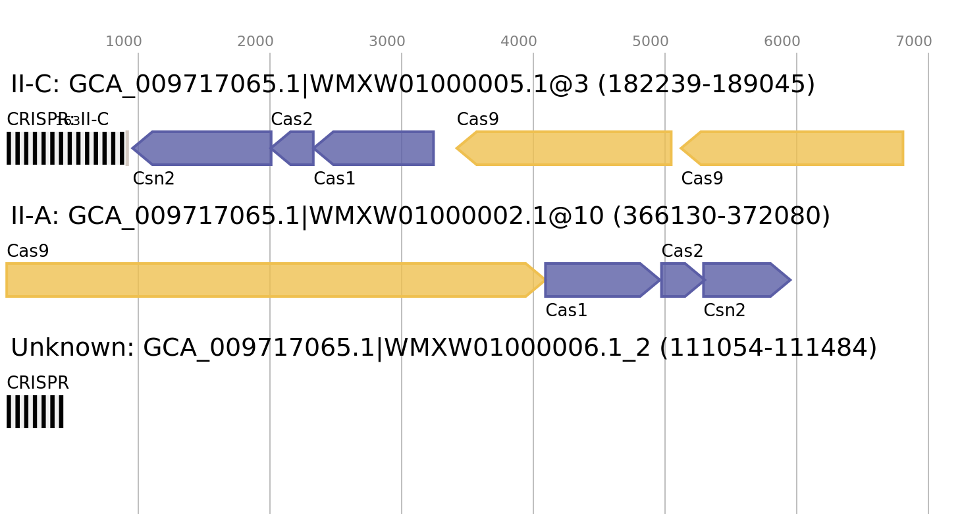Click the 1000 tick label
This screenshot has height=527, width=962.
point(123,42)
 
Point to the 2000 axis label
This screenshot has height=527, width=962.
point(255,42)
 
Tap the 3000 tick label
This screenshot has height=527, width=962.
point(387,42)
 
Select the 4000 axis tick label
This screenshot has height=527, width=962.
point(518,42)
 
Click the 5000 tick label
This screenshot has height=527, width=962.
point(650,42)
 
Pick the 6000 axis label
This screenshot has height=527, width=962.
point(782,42)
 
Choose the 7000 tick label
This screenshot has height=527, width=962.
point(913,42)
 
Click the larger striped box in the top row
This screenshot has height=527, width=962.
point(67,148)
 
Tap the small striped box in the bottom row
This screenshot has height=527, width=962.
point(35,412)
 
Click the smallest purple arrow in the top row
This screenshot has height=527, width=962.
point(294,148)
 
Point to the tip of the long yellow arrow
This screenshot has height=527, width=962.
point(544,280)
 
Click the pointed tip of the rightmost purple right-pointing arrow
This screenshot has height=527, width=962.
point(791,280)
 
